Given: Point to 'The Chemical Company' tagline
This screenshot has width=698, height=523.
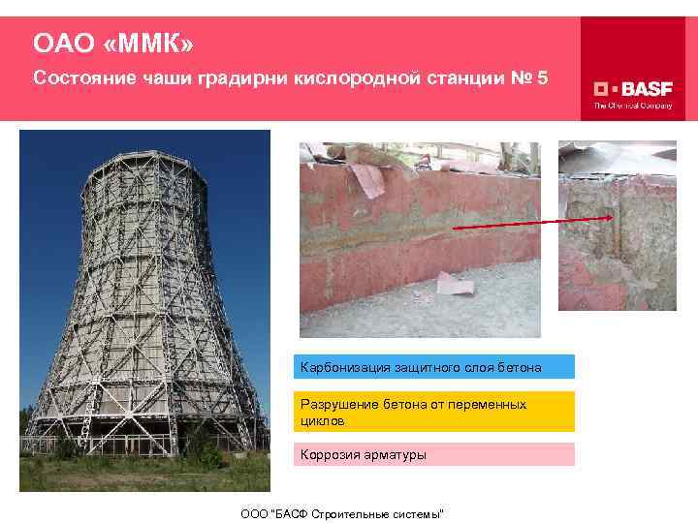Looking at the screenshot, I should click(x=632, y=106).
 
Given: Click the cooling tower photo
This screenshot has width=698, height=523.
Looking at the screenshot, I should click(x=145, y=310).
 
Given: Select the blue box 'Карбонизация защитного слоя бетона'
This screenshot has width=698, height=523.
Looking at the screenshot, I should click(x=433, y=367).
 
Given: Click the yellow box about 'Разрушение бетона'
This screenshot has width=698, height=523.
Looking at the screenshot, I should click(x=433, y=412).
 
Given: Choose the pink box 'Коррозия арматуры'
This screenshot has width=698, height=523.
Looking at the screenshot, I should click(x=433, y=454).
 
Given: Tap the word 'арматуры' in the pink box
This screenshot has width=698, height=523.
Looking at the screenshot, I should click(x=395, y=454).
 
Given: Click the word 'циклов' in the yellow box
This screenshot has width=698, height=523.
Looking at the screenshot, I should click(x=323, y=421).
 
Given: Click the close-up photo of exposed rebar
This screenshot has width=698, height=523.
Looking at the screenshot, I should click(x=617, y=226).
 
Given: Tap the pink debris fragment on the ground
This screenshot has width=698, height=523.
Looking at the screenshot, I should click(x=454, y=283).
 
